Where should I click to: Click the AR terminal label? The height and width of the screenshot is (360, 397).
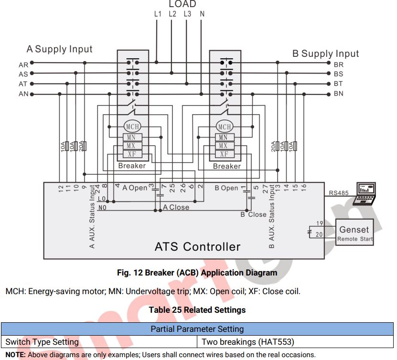pos(23,64)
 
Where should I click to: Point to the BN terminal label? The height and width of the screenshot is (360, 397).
pos(338,94)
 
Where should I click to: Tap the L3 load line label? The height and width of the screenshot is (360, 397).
pos(187,14)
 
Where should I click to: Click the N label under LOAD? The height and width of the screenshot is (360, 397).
pos(202,14)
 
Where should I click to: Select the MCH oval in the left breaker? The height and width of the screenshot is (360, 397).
pos(132,127)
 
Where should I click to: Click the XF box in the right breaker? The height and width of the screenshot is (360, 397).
pos(224,154)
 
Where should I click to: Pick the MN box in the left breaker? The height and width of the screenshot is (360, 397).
pos(132,138)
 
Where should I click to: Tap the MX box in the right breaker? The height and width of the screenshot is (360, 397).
pos(224,146)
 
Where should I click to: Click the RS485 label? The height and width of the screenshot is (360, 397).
pos(339,193)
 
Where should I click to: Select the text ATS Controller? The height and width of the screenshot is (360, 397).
pos(197,247)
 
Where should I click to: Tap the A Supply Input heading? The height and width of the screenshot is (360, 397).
pos(59,49)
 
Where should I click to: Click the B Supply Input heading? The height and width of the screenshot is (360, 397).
pos(325,53)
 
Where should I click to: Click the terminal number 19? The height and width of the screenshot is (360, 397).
pos(320,223)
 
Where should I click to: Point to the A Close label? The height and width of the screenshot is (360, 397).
pos(176,207)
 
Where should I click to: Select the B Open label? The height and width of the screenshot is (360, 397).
pos(226,188)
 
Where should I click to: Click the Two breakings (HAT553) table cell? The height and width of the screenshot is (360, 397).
pos(247,342)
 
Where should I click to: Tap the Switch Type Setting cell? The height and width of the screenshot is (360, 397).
pos(42,342)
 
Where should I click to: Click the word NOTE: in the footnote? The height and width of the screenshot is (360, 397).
pos(15,355)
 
